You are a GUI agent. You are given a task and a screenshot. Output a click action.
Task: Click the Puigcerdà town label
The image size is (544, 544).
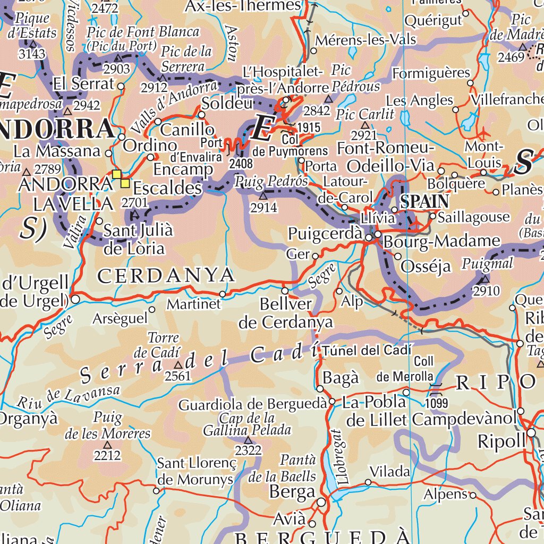click(325, 234)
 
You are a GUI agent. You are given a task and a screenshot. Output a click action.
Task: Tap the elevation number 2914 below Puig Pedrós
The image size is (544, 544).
click(264, 208)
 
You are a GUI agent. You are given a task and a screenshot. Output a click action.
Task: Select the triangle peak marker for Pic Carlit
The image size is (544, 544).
click(365, 125)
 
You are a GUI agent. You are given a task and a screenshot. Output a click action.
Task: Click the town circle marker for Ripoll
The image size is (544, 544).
click(532, 433)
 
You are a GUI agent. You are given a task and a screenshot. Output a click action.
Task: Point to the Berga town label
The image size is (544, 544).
click(292, 492)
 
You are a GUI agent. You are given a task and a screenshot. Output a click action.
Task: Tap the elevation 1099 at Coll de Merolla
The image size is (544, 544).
click(437, 403)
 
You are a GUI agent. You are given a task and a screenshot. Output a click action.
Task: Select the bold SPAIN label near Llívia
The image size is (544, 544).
click(424, 201)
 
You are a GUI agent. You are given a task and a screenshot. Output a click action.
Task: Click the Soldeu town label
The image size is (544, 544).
click(226, 104)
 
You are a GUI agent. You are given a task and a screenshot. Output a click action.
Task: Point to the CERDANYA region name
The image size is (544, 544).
click(166, 275)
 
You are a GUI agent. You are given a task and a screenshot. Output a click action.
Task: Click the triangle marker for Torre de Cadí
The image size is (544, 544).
click(178, 365)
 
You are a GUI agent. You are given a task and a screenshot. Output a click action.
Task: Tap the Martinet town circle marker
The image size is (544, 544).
click(223, 294)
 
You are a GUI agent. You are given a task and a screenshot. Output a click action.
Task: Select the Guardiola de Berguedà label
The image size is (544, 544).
click(252, 405)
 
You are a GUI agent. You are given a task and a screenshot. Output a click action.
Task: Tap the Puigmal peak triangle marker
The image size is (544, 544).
click(485, 279)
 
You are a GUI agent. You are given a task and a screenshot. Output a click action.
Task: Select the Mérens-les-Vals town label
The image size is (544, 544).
click(366, 40)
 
